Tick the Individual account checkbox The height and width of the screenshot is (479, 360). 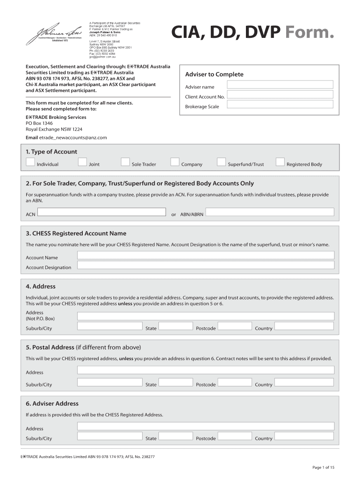(30, 162)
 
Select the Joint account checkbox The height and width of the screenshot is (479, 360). (82, 162)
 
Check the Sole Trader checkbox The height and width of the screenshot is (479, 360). (125, 162)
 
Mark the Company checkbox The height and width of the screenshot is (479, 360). (175, 162)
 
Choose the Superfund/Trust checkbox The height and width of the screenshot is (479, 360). (221, 162)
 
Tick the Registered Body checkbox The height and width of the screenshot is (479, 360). (280, 162)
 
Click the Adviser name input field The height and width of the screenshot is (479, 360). (280, 85)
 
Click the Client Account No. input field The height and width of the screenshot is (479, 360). (280, 95)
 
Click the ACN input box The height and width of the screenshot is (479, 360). (101, 212)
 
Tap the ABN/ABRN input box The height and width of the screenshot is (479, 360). (270, 212)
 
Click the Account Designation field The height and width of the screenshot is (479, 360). (206, 265)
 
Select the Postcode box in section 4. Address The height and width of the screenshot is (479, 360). (235, 326)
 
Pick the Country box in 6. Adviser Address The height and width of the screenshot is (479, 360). (304, 436)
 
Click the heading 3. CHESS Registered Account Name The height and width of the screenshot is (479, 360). (76, 233)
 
